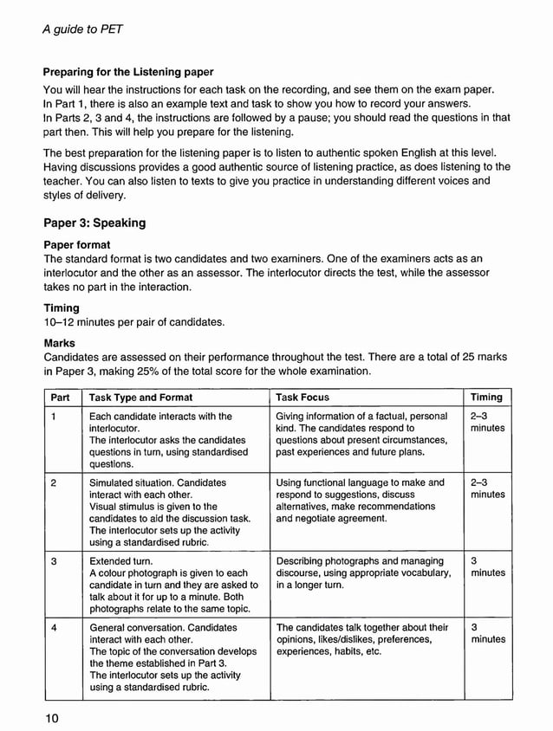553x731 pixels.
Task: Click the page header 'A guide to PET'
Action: [82, 29]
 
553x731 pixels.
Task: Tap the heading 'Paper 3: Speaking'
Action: [94, 223]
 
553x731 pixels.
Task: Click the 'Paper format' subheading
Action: [77, 244]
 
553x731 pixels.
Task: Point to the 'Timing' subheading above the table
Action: [62, 307]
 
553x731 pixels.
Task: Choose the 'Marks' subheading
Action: [60, 342]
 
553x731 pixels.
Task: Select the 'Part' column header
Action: [61, 398]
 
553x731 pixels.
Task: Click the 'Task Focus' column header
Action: [303, 398]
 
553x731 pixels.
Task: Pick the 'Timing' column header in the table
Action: [486, 398]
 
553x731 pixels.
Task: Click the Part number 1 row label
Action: [54, 417]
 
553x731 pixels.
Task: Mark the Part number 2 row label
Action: [54, 482]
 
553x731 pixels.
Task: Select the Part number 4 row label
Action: [54, 627]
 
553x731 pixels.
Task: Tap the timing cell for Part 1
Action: [487, 423]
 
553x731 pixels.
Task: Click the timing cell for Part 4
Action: [487, 633]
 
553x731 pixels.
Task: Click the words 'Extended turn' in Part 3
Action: [121, 561]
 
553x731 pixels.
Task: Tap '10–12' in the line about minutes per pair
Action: [61, 322]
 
